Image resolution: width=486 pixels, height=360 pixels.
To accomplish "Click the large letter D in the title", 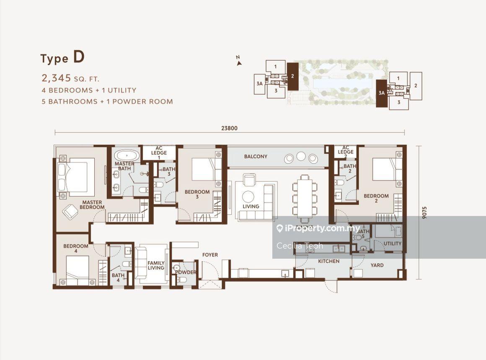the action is coord(79,57).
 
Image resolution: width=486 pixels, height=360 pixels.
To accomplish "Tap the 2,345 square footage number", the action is coord(56,78).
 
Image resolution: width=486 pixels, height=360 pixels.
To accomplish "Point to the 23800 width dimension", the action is coord(229,128).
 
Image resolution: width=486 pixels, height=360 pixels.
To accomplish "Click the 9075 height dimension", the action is coord(424,213).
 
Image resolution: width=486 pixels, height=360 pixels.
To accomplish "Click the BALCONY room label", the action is coord(256,157).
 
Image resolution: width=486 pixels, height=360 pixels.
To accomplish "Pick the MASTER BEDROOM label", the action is coord(92,205).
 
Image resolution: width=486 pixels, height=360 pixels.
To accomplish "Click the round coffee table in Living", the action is coord(248,197).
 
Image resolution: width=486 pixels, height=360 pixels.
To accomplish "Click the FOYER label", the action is coord(210,255).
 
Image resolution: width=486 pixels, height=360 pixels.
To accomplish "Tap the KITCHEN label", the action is coord(328,261).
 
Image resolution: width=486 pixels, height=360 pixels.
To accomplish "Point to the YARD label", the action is coord(377,265).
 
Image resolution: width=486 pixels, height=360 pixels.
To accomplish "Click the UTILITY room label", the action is coord(393,244).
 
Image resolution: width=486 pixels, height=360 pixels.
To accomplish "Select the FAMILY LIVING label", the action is coord(156,265).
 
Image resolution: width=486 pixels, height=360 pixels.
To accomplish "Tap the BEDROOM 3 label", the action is coord(197,194).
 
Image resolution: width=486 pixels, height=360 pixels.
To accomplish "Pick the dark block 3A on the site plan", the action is coord(382,93).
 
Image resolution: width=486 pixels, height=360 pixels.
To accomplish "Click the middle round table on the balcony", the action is coord(301,156).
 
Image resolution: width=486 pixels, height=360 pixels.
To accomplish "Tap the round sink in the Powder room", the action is coord(177,268).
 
